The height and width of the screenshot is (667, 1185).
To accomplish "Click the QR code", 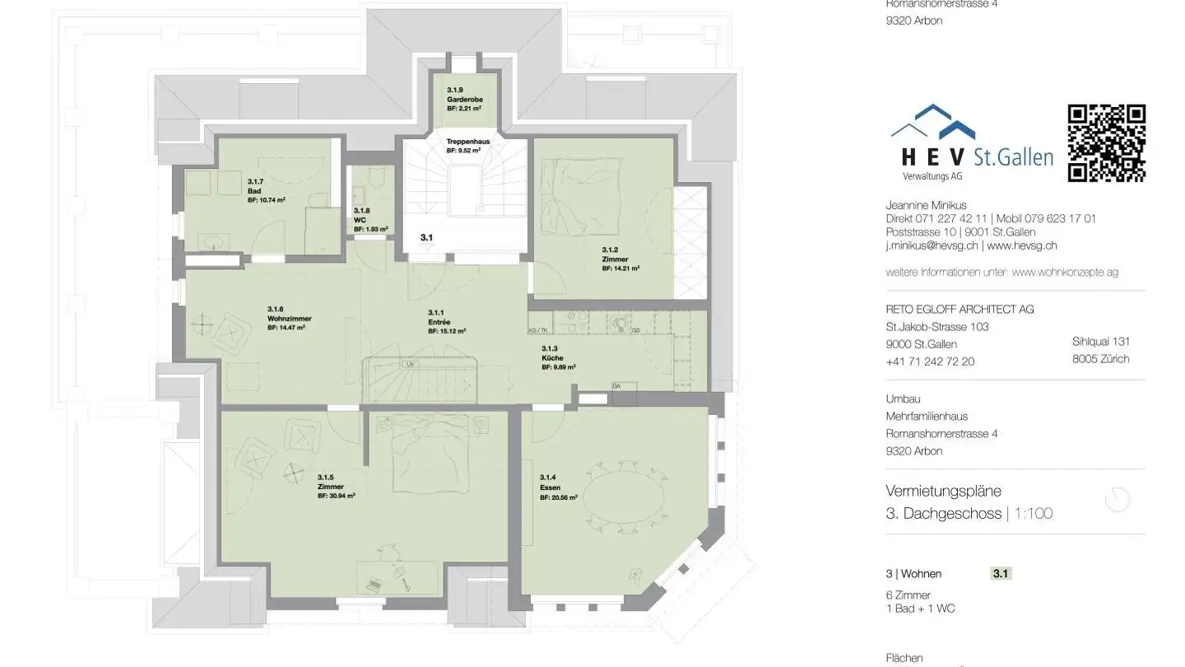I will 1106,142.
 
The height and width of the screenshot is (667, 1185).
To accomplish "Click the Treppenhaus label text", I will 467,142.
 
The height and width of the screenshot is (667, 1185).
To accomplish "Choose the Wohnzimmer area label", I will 288,318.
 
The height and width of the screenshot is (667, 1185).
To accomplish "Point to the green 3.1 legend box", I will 1001,574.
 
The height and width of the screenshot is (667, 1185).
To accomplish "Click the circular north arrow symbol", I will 1117,500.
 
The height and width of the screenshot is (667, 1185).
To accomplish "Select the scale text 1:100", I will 1033,514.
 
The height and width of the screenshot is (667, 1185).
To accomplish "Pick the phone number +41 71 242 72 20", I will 930,361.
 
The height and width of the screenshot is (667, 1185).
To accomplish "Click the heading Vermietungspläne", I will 943,491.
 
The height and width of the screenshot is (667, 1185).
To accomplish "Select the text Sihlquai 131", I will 1100,342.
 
